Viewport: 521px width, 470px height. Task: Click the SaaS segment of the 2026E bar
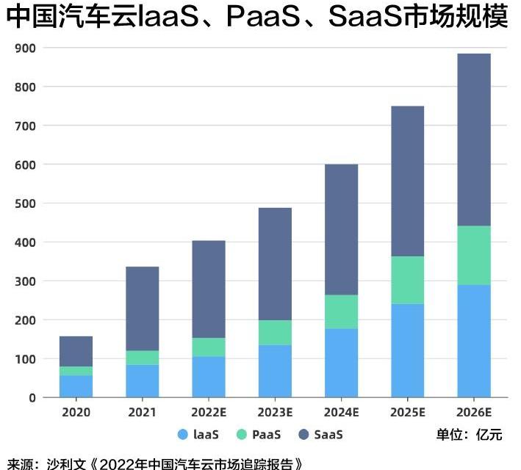473,140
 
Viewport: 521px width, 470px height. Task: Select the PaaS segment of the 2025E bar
407,280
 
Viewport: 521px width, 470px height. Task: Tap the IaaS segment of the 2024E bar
341,363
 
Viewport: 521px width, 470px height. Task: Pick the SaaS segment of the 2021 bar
142,308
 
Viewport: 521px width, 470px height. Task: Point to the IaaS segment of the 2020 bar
76,386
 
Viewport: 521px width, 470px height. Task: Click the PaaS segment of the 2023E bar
275,333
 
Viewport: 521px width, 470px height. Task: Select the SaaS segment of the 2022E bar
209,289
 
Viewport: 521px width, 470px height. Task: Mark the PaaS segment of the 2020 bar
76,371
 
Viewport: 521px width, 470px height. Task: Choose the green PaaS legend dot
242,435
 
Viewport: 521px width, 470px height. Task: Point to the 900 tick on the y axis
26,48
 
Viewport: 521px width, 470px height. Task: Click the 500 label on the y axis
26,203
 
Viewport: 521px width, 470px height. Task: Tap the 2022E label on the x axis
209,413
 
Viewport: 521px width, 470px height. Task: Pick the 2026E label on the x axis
473,413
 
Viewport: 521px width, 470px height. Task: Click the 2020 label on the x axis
76,413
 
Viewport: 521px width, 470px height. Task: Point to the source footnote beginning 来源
154,463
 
